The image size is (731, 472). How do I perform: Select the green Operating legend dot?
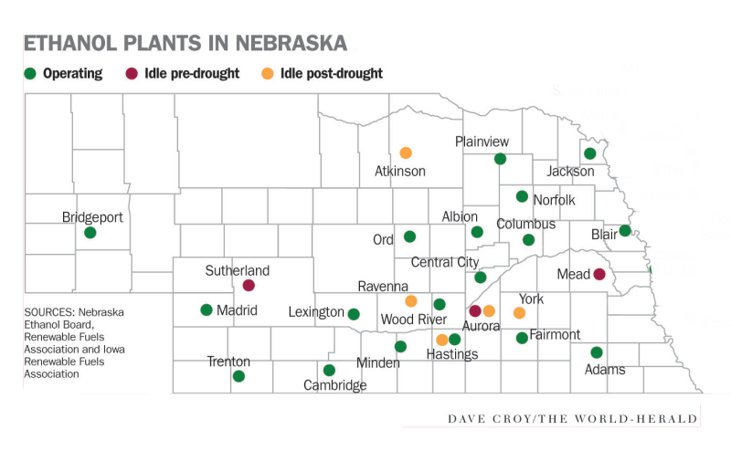(30, 73)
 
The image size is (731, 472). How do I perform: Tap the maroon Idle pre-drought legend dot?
(132, 73)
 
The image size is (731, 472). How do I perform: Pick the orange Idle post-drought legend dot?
(267, 73)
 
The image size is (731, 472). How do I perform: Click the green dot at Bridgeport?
(90, 233)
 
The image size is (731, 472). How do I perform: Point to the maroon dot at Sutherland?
(249, 285)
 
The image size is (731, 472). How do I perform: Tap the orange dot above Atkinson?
(406, 152)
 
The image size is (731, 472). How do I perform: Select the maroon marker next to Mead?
(599, 274)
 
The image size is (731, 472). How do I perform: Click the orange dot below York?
(519, 313)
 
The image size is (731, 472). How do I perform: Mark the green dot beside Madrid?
(207, 309)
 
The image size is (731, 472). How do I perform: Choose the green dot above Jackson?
(590, 153)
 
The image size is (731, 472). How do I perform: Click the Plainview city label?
(482, 142)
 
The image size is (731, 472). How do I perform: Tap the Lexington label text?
(316, 312)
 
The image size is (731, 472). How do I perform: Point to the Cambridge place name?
(335, 385)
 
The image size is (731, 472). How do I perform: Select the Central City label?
(445, 263)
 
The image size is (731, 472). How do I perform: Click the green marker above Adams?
(597, 352)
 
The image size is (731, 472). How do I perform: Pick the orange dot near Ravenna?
(411, 301)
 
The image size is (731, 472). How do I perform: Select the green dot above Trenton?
(238, 376)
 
